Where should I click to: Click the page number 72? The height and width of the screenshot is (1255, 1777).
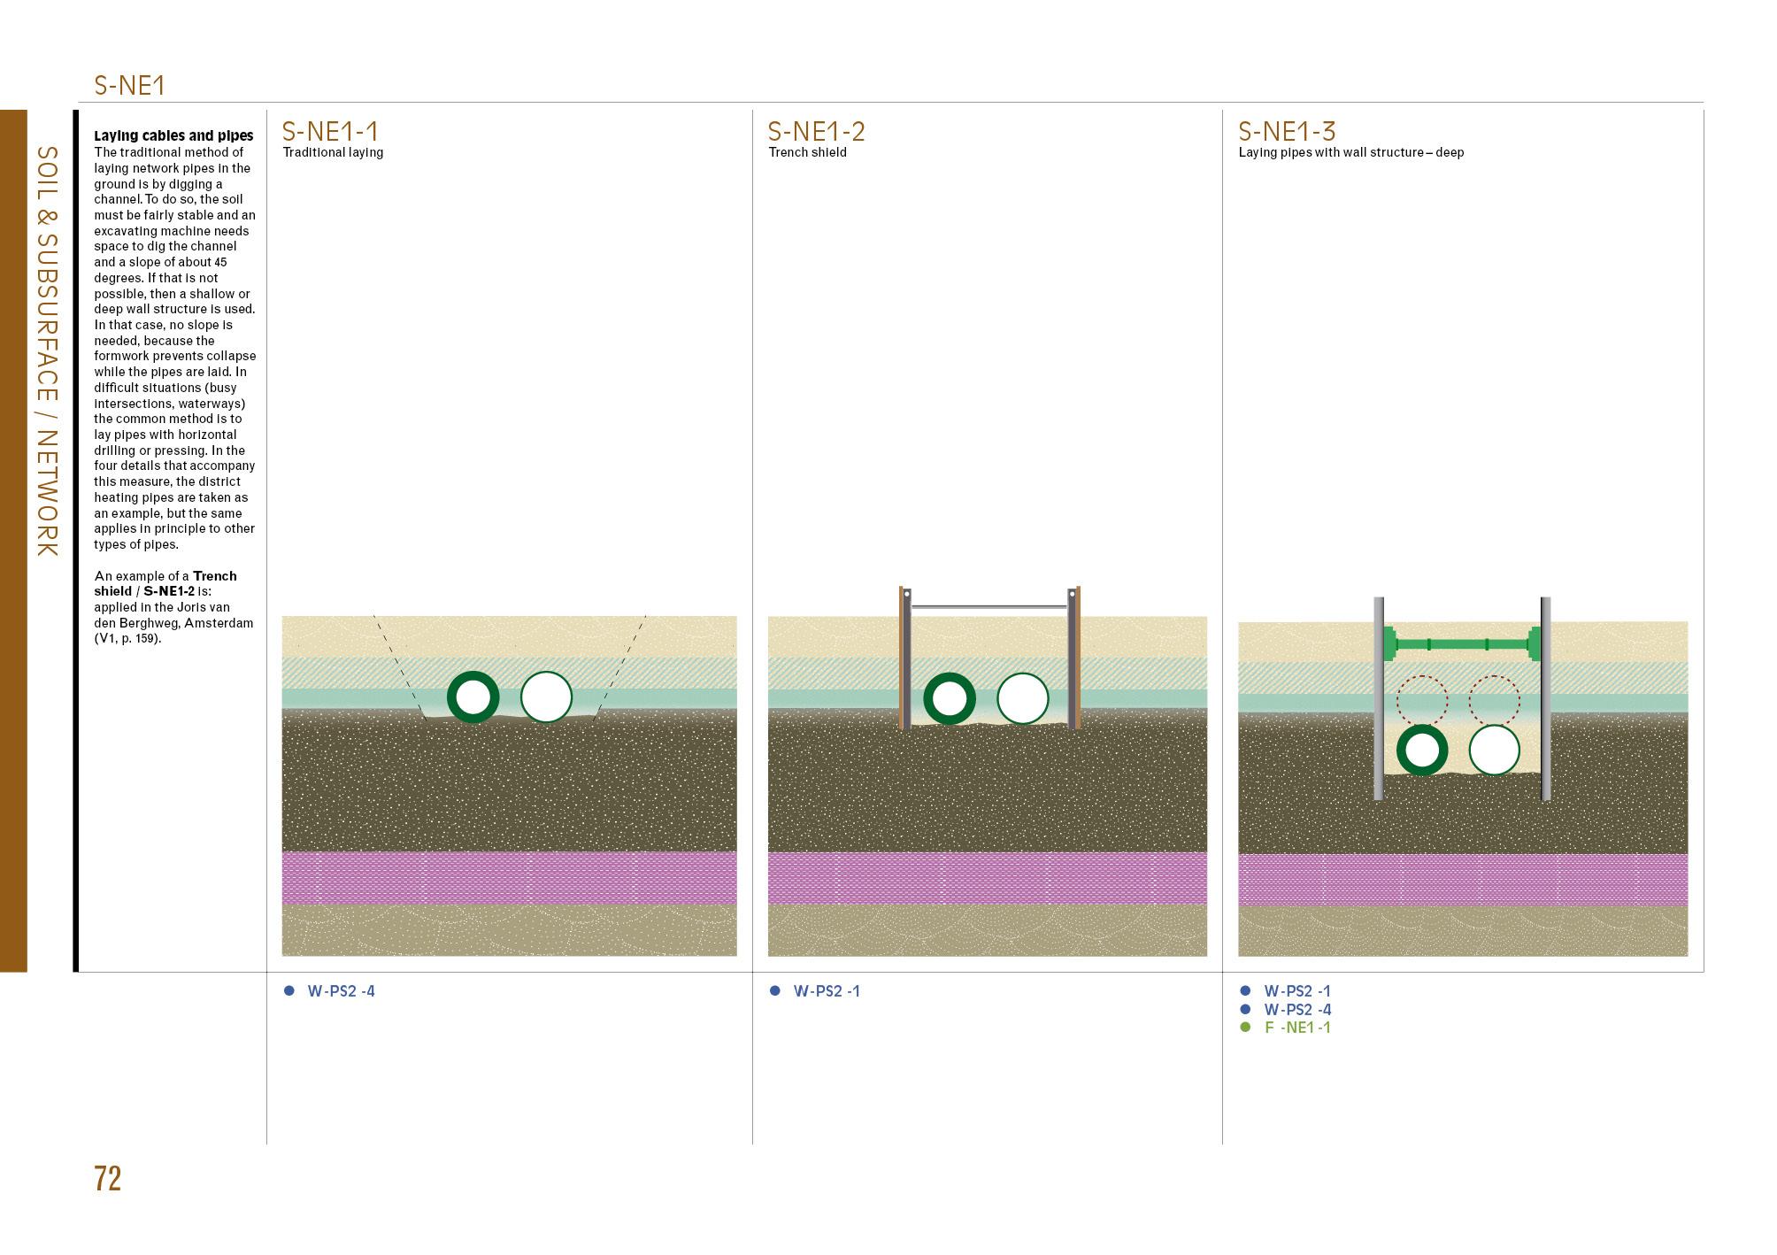107,1179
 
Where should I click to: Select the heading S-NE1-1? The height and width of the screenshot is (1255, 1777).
329,131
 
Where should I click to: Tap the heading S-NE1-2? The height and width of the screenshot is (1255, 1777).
816,131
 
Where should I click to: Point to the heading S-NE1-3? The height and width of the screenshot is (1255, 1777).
1286,131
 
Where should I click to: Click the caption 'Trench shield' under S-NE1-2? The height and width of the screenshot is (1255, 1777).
807,152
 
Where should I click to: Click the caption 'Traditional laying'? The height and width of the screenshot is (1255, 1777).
333,152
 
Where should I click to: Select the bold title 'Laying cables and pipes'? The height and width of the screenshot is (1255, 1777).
173,135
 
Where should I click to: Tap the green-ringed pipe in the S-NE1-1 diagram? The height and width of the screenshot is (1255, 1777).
473,697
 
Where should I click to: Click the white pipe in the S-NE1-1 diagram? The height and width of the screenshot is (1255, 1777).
546,697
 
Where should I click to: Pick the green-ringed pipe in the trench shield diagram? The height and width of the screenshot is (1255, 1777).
950,698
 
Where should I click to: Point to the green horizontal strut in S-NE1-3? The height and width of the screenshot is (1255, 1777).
1462,643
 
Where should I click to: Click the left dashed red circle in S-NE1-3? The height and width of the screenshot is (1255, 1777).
1422,701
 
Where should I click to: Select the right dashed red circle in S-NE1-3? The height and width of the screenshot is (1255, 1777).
1494,701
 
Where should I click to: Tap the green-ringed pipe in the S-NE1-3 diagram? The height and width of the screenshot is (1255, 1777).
1422,751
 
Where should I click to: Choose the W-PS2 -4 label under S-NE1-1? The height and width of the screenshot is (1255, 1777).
341,991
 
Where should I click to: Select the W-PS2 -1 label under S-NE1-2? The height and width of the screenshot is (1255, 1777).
827,991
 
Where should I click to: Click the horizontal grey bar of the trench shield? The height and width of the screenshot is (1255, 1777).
989,607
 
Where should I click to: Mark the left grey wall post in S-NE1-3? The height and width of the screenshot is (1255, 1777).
1379,699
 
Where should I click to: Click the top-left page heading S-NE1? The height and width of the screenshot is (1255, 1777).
129,86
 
